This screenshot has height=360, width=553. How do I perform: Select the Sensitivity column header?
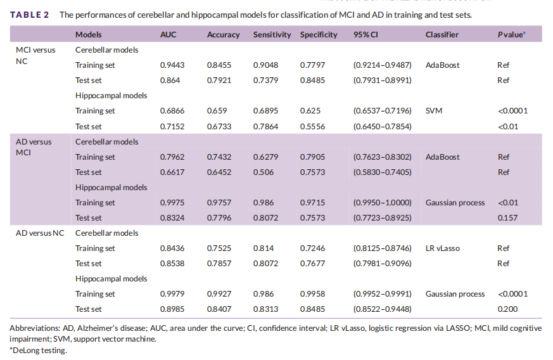coord(272,35)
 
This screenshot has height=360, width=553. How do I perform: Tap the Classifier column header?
coord(442,35)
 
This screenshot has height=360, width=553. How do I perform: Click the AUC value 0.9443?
coord(172,65)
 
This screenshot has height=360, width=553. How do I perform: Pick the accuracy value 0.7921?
coord(219,80)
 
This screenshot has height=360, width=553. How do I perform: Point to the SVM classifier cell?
coord(434,111)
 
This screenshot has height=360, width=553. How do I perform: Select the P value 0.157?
coord(507,218)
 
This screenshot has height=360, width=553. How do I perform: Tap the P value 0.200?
coord(507,309)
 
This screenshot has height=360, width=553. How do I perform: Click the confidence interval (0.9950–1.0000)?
coord(382,203)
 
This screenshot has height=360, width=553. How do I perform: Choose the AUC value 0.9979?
coord(172,294)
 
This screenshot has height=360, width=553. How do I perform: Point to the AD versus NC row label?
coord(40,233)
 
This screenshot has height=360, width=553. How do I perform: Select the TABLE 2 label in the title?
coord(29,14)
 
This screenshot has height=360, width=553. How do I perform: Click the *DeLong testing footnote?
coord(37,350)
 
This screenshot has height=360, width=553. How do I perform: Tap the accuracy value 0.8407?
coord(219,309)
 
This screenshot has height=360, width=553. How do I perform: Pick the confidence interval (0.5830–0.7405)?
coord(382,172)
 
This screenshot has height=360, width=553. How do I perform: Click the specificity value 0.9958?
coord(312,294)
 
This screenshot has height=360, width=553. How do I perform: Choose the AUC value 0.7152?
coord(172,127)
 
